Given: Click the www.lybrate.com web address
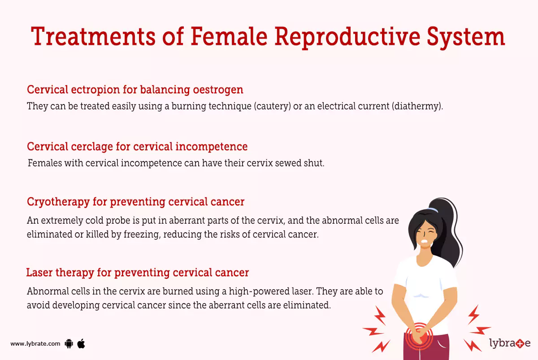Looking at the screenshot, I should point(35,344).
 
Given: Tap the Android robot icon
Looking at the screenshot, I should point(69,344).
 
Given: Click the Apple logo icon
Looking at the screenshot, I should point(81,343).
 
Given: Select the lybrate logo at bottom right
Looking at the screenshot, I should point(510,344).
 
